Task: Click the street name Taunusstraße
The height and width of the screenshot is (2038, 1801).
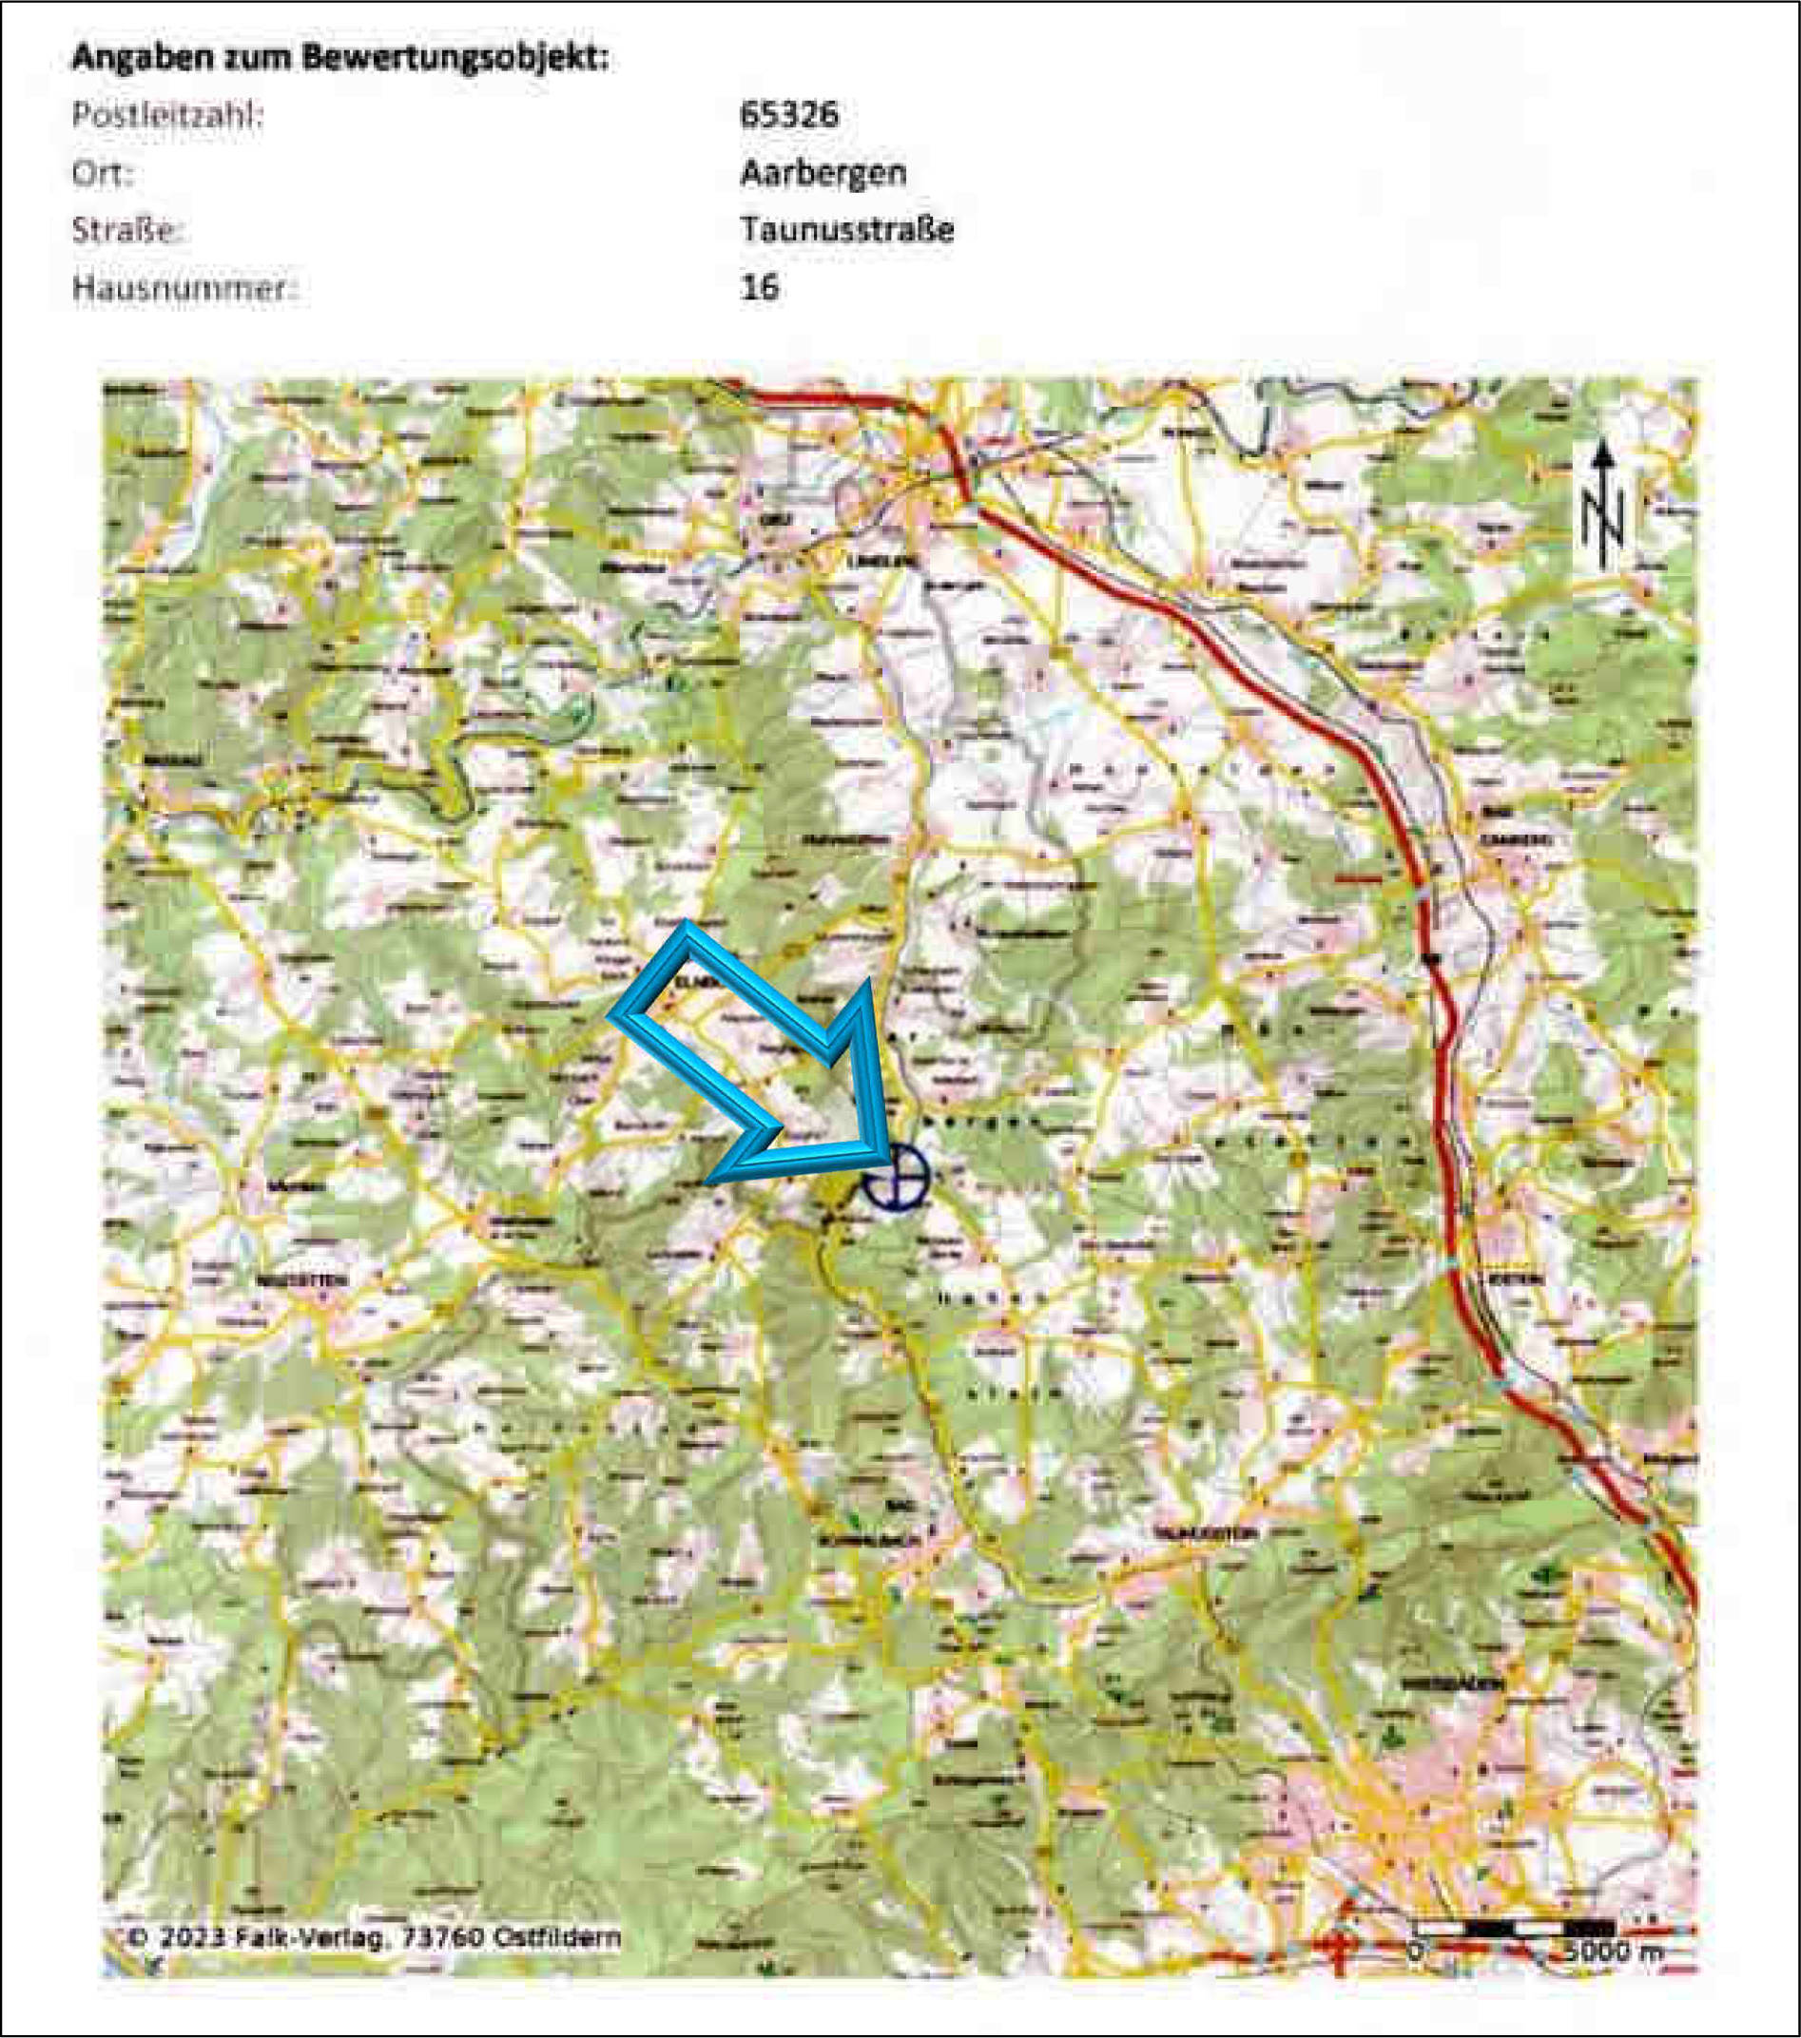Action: pos(846,229)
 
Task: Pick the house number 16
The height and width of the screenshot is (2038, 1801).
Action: pos(759,288)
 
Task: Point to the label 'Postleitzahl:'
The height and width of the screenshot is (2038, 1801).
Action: pos(167,115)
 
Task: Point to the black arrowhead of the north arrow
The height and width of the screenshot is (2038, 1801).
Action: pos(1602,455)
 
